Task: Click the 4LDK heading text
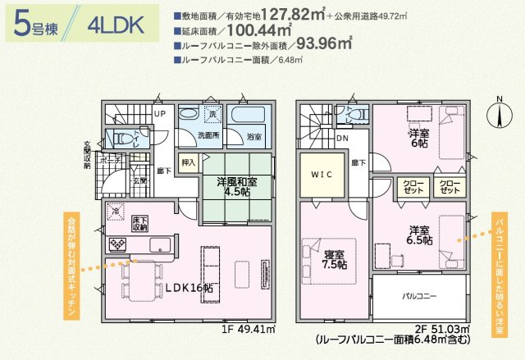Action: pyautogui.click(x=112, y=25)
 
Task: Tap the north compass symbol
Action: pyautogui.click(x=498, y=115)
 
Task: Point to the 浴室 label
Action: pyautogui.click(x=254, y=136)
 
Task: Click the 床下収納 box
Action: pyautogui.click(x=139, y=222)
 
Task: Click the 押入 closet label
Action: pyautogui.click(x=189, y=162)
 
